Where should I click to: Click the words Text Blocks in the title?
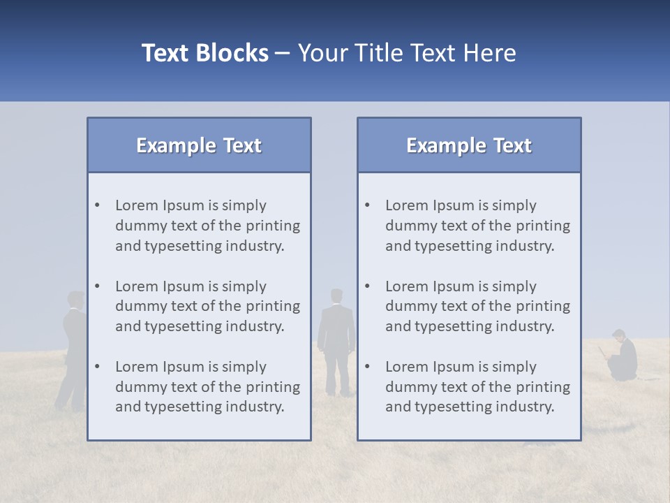coord(204,53)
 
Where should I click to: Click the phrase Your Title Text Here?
coord(407,53)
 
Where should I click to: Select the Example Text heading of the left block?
coord(199,145)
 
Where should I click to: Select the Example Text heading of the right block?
coord(469,145)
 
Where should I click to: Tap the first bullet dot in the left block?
coord(97,205)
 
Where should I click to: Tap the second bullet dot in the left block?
coord(97,286)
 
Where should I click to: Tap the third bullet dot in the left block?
coord(97,367)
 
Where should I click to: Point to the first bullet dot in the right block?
coord(367,205)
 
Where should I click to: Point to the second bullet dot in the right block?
coord(367,286)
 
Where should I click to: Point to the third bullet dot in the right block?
coord(367,367)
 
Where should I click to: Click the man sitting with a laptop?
coord(622,356)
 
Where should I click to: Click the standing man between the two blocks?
coord(336,342)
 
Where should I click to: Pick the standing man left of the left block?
coord(73,349)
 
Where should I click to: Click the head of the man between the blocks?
coord(336,296)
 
